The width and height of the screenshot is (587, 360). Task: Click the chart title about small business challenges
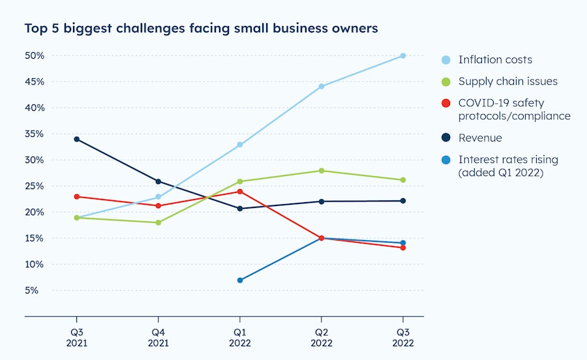(201, 29)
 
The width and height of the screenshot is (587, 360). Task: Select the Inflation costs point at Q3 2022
(403, 56)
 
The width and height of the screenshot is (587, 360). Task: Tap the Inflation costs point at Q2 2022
(322, 86)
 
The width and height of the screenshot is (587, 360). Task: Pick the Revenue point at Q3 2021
(76, 139)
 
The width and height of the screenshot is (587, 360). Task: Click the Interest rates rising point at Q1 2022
(240, 280)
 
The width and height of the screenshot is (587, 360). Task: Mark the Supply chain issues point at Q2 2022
(322, 171)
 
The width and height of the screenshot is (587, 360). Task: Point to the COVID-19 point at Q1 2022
(240, 192)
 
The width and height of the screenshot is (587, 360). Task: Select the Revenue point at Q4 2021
(158, 181)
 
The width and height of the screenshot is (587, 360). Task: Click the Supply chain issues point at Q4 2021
(158, 222)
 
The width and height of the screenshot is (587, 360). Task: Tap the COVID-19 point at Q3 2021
(76, 196)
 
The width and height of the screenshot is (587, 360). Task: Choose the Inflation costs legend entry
(495, 60)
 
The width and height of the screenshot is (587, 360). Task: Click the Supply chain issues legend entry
(507, 82)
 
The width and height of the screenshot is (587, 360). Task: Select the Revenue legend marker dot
(446, 138)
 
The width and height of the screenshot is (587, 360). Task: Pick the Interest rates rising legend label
(508, 166)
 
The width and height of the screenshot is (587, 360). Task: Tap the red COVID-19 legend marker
(446, 103)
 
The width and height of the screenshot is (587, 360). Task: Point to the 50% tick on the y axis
(35, 56)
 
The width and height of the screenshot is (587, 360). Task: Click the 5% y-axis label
(38, 290)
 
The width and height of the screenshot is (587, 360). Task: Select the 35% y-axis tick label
(35, 134)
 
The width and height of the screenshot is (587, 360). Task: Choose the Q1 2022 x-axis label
(240, 337)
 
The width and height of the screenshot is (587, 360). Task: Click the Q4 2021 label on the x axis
(158, 337)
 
